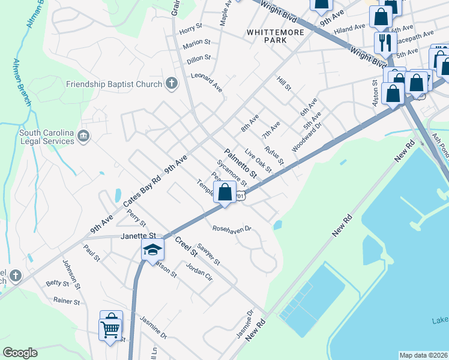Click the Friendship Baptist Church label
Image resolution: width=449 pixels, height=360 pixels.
115,84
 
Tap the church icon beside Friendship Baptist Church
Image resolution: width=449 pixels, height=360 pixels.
172,83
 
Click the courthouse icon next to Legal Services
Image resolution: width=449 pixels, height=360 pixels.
83,137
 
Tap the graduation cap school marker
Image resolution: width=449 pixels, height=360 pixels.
152,249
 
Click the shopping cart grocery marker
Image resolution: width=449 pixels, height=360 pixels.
111,327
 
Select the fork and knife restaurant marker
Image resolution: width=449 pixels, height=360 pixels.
383,42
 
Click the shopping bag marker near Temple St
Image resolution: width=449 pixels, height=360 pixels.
225,193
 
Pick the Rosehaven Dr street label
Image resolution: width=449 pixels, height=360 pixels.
231,229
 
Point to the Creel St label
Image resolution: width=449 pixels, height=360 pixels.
186,248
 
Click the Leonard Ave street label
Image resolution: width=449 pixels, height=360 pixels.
206,82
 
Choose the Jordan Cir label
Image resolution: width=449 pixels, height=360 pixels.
199,272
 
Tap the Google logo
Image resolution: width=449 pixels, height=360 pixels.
20,353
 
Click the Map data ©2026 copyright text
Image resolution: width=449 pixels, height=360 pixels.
424,355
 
